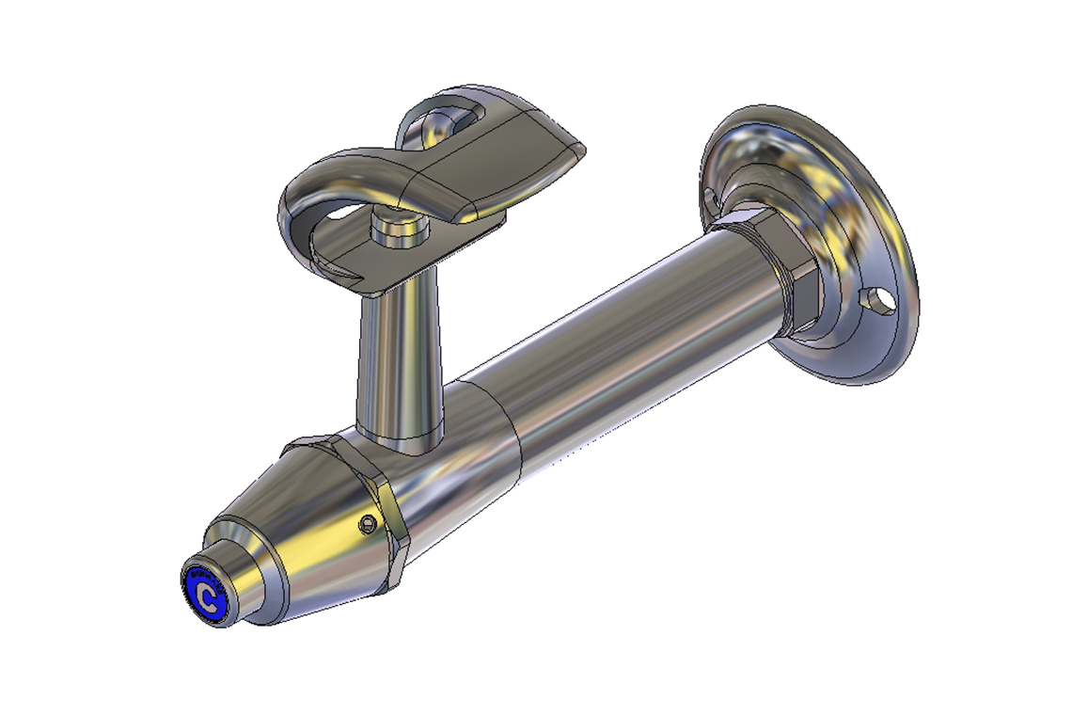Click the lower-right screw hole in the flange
tap(881, 300)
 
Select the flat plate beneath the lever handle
tap(376, 268)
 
